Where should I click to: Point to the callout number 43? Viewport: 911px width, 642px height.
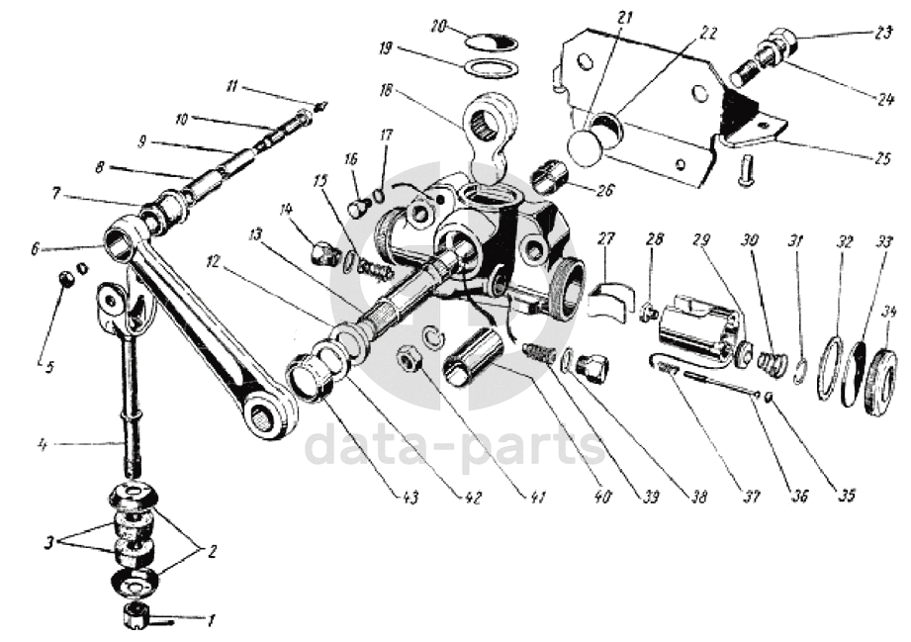(410, 497)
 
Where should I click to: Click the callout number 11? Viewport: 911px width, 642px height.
(231, 88)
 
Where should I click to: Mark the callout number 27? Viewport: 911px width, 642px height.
(606, 238)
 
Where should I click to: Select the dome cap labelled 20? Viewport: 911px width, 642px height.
(492, 42)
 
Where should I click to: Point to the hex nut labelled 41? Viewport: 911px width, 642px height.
(406, 359)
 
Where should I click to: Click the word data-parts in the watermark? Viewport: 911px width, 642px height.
(454, 446)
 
